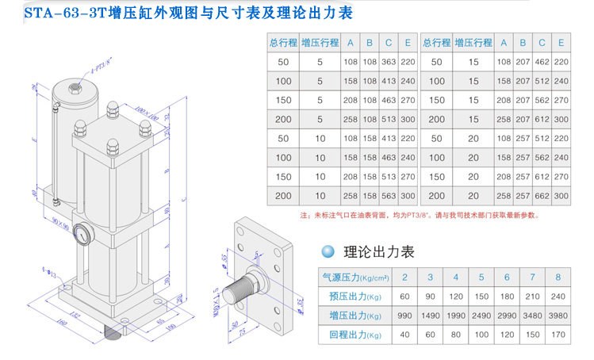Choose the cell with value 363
[x=388, y=60]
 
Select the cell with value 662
[x=542, y=195]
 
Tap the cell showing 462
[x=542, y=60]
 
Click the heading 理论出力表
[x=379, y=252]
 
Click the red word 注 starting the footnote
[x=304, y=215]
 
